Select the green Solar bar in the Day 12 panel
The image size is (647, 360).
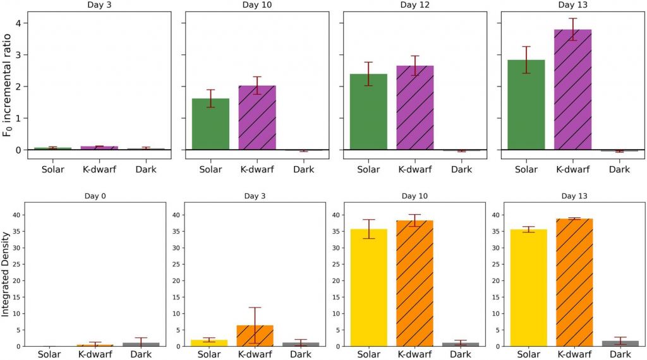coord(368,112)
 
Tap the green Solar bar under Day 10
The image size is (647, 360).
coord(210,124)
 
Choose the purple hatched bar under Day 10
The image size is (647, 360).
coord(257,117)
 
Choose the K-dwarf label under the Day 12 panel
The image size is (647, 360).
coord(414,169)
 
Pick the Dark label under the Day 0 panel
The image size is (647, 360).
coord(142,355)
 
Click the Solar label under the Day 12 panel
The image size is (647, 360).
coord(368,169)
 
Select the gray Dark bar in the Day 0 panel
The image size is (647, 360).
coord(142,344)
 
